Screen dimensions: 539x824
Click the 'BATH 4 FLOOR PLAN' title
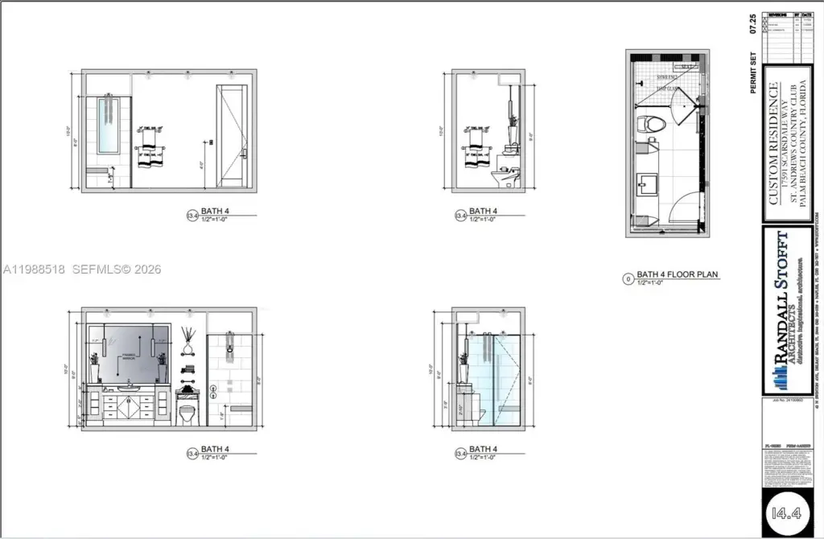pyautogui.click(x=678, y=275)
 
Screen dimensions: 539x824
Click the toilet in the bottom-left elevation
pyautogui.click(x=187, y=414)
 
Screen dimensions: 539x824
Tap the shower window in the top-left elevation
pyautogui.click(x=109, y=125)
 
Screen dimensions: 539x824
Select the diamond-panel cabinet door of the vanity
pyautogui.click(x=131, y=409)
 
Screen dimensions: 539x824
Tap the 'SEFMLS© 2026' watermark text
pyautogui.click(x=117, y=269)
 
